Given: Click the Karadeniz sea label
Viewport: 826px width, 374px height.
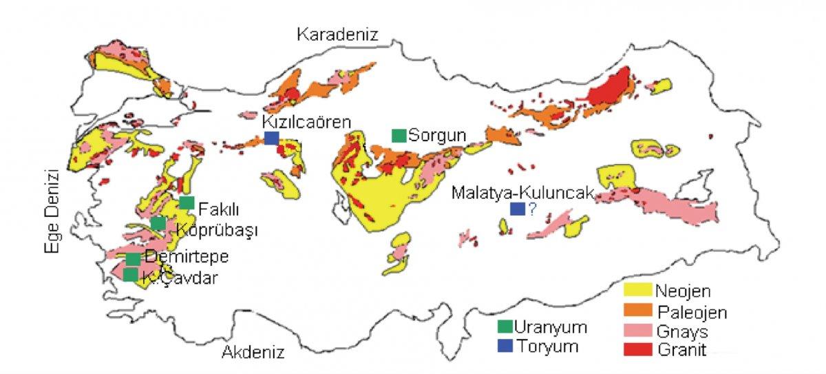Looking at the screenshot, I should (337, 34).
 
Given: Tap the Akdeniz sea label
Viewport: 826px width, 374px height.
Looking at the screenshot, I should (253, 353).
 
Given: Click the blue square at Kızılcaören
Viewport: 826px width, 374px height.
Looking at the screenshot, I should (272, 138).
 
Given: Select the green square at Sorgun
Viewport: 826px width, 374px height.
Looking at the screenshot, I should (398, 135).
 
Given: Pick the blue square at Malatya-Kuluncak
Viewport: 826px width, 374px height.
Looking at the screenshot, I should (516, 209).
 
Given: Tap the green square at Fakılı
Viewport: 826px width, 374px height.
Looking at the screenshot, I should (187, 202).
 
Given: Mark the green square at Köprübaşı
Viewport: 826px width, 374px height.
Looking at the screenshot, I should (158, 223).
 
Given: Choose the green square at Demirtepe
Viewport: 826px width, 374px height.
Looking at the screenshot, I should (133, 259).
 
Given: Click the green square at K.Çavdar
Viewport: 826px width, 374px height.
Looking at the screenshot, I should (130, 275).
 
